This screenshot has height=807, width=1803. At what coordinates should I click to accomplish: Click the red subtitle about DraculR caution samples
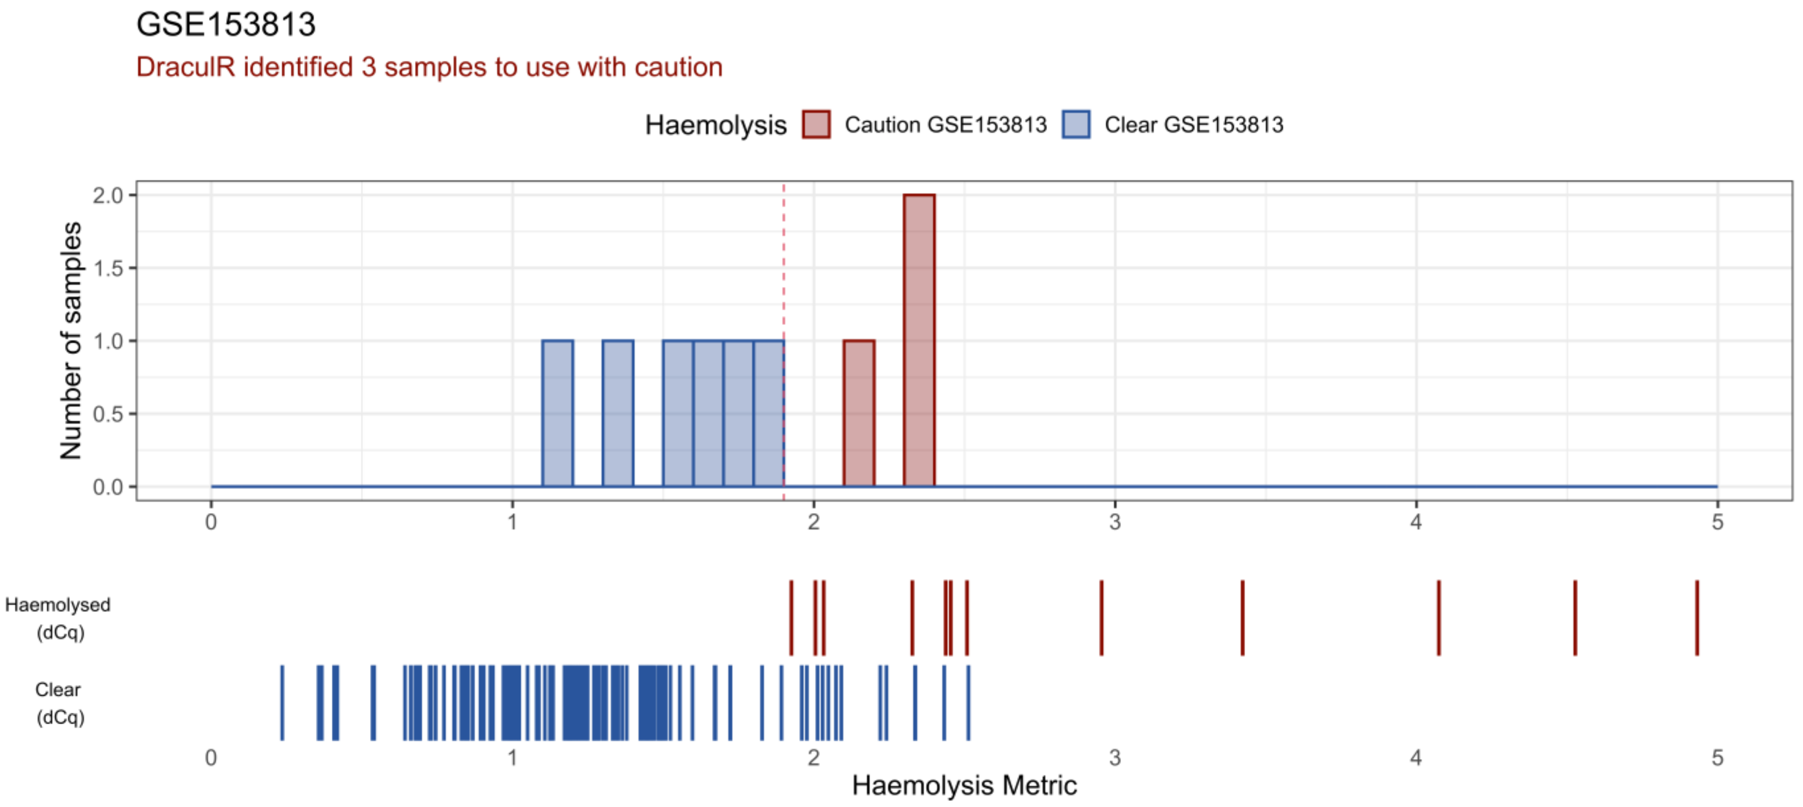(429, 67)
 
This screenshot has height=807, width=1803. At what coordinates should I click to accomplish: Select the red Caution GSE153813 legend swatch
(816, 125)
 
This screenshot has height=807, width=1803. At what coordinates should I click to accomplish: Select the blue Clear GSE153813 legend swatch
(1075, 125)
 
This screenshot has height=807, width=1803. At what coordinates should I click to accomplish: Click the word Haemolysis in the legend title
(715, 125)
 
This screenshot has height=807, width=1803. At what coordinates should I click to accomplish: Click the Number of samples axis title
(71, 340)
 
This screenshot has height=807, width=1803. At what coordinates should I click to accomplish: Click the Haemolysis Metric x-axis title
(964, 785)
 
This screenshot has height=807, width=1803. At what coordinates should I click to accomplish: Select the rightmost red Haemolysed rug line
(1697, 618)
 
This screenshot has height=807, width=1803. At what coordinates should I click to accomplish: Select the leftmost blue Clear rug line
(282, 703)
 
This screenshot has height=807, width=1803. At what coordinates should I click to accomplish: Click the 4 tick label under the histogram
(1416, 522)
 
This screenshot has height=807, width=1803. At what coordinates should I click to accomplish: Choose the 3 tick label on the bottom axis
(1114, 757)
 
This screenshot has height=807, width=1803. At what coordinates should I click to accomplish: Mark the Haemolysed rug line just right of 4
(1438, 618)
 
